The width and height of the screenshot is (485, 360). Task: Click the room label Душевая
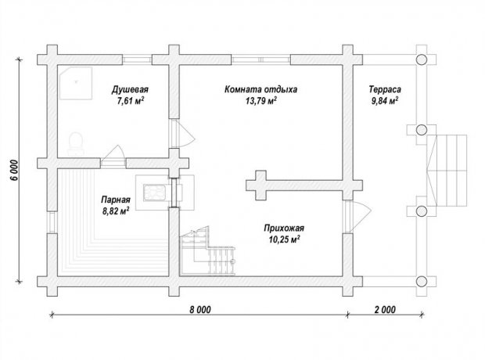[130, 89]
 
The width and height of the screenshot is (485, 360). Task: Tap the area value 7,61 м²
[131, 101]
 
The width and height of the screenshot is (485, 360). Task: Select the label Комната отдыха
[260, 89]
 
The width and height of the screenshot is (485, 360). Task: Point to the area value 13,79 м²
[261, 101]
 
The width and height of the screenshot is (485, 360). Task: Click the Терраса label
[385, 89]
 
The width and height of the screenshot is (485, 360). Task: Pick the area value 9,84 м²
[385, 101]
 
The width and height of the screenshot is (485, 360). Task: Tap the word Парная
[116, 200]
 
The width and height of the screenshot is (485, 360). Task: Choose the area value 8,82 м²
[116, 211]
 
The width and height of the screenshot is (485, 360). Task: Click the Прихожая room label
[284, 229]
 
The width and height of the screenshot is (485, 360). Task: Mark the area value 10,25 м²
[284, 239]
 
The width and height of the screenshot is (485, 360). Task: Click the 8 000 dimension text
[200, 309]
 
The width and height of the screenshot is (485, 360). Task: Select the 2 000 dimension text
[385, 309]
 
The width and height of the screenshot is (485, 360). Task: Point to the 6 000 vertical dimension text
[16, 171]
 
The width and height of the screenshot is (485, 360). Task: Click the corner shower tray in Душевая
[76, 83]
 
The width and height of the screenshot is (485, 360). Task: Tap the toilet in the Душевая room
[76, 144]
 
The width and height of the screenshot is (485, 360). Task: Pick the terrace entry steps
[447, 171]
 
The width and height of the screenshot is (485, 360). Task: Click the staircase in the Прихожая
[207, 250]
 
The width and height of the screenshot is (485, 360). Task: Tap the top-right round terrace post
[421, 59]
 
